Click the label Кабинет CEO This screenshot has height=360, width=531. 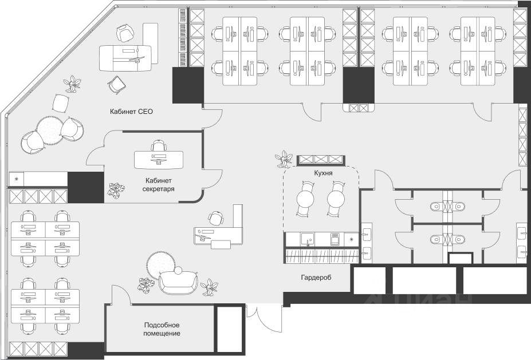point(132,112)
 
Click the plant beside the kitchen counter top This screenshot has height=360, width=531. point(282,158)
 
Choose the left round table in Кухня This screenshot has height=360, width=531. point(304,199)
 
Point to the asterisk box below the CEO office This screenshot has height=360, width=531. point(16,179)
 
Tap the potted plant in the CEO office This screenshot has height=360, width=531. point(73,84)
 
